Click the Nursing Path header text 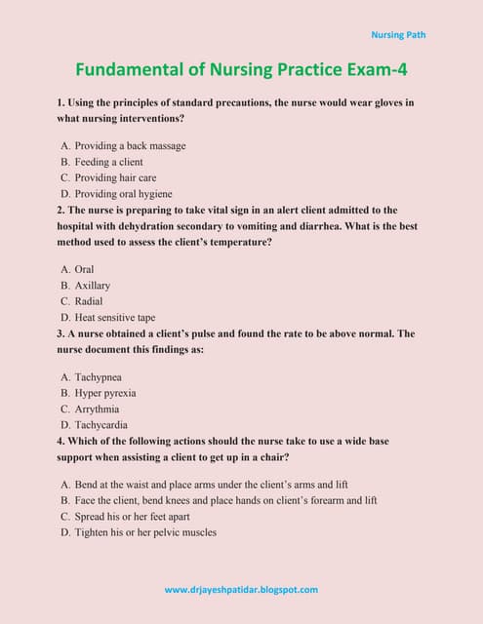(398, 35)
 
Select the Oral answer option (84, 269)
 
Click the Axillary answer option (92, 286)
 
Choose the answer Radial (88, 301)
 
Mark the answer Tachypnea (98, 376)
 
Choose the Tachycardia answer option (101, 425)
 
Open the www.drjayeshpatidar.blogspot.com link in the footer (241, 590)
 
